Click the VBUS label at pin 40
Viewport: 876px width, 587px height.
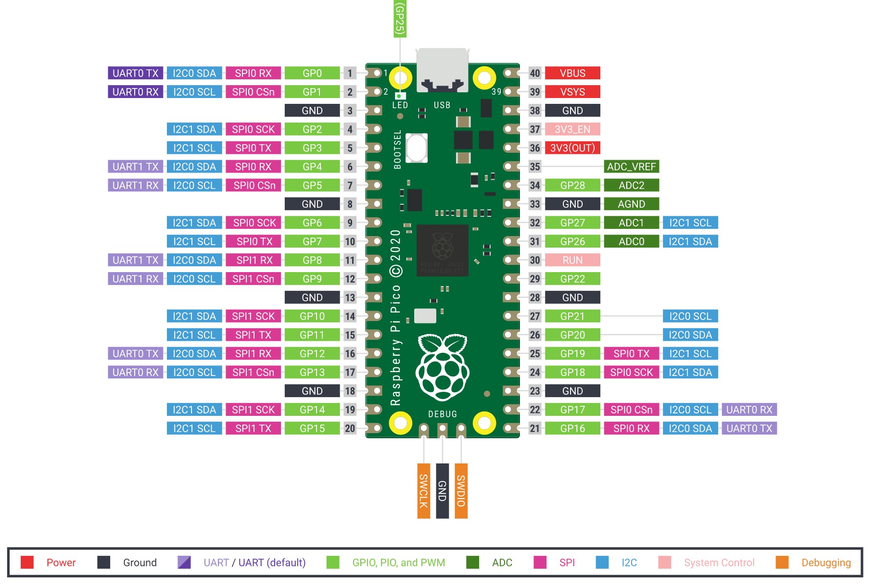coord(572,73)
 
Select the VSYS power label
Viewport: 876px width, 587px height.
coord(572,92)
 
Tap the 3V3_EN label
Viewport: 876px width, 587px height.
coord(572,129)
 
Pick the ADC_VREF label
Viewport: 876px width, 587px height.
coord(631,167)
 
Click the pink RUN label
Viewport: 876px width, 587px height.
coord(572,260)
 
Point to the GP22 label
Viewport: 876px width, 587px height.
coord(572,279)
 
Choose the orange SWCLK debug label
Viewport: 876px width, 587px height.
coord(423,491)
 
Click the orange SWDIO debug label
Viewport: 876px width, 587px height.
coord(461,491)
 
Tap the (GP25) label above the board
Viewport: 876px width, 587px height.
coord(400,19)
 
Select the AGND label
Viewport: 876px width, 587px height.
coord(631,204)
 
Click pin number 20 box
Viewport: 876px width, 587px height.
coord(350,428)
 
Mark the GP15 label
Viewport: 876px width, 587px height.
coord(312,428)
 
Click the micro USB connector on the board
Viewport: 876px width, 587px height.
coord(442,70)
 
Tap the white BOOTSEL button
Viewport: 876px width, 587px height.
coord(416,148)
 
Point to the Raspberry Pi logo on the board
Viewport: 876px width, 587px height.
coord(443,368)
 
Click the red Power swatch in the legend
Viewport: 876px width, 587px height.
coord(27,562)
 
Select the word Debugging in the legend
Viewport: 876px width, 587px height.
coord(826,562)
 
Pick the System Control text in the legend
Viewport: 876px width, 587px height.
coord(719,562)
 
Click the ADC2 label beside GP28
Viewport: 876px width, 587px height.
coord(631,186)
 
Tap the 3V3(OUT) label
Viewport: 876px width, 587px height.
coord(572,148)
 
